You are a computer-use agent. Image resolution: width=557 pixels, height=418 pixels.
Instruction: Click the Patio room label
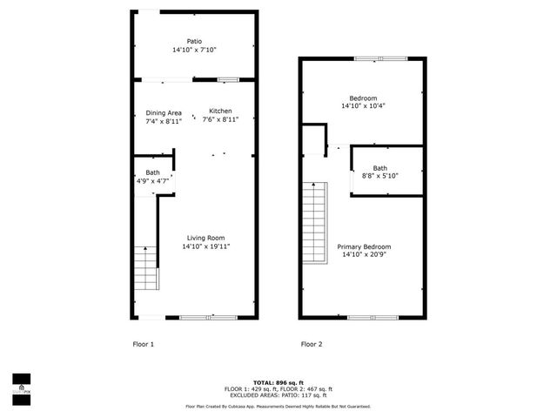click(193, 40)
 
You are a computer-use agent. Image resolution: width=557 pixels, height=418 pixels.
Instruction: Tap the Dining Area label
click(164, 112)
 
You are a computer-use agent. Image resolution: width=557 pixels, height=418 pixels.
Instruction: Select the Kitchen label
click(220, 112)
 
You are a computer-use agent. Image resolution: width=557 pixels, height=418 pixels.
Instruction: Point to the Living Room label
click(205, 238)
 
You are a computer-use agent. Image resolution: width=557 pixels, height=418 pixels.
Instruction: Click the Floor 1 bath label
click(152, 172)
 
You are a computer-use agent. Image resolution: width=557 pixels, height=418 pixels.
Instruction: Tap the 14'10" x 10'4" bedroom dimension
click(363, 106)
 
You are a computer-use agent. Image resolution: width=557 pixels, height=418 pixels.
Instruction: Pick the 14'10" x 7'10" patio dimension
click(193, 50)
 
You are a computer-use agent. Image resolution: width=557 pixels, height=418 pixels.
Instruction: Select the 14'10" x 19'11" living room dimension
click(205, 246)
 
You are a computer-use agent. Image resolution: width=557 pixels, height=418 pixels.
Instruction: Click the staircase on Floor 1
click(146, 267)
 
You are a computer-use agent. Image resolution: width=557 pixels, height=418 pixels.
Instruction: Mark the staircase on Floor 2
click(314, 226)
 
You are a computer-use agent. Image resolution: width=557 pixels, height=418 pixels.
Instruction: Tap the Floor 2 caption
click(312, 344)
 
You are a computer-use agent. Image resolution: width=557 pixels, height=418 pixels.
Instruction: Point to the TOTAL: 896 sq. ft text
click(278, 382)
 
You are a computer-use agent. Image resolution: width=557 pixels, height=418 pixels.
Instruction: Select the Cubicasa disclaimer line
click(278, 406)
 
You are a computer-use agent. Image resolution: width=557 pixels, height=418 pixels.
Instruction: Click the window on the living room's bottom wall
click(210, 317)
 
